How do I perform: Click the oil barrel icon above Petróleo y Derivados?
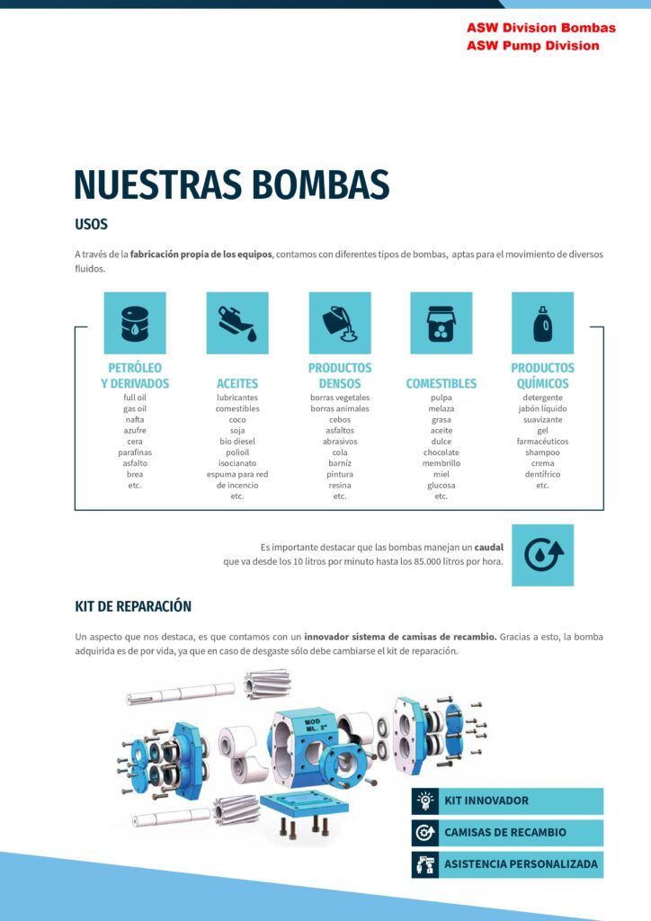pyautogui.click(x=135, y=323)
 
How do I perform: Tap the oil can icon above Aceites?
pyautogui.click(x=237, y=323)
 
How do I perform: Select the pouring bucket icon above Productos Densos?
pyautogui.click(x=340, y=323)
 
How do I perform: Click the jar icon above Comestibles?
pyautogui.click(x=441, y=323)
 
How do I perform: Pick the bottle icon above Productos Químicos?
pyautogui.click(x=542, y=323)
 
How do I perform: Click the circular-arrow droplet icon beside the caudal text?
pyautogui.click(x=542, y=555)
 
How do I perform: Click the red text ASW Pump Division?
pyautogui.click(x=532, y=46)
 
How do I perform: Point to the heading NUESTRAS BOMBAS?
pyautogui.click(x=232, y=183)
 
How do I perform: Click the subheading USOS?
pyautogui.click(x=91, y=225)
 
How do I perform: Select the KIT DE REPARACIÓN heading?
pyautogui.click(x=133, y=606)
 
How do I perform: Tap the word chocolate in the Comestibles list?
pyautogui.click(x=441, y=452)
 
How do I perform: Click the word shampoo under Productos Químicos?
pyautogui.click(x=542, y=452)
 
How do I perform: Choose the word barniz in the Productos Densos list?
pyautogui.click(x=340, y=463)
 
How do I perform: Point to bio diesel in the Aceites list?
pyautogui.click(x=237, y=442)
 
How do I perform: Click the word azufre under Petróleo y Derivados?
pyautogui.click(x=135, y=430)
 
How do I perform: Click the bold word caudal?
pyautogui.click(x=489, y=547)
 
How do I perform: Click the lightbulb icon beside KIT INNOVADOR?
pyautogui.click(x=425, y=800)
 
